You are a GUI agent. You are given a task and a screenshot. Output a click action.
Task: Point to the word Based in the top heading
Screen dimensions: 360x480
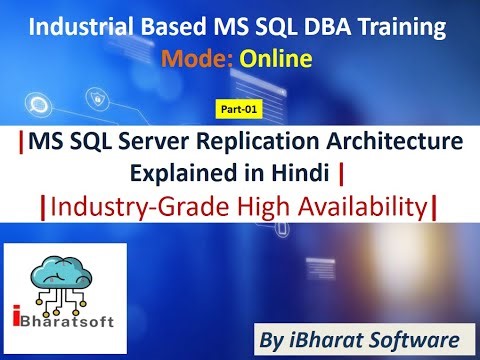pyautogui.click(x=176, y=28)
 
